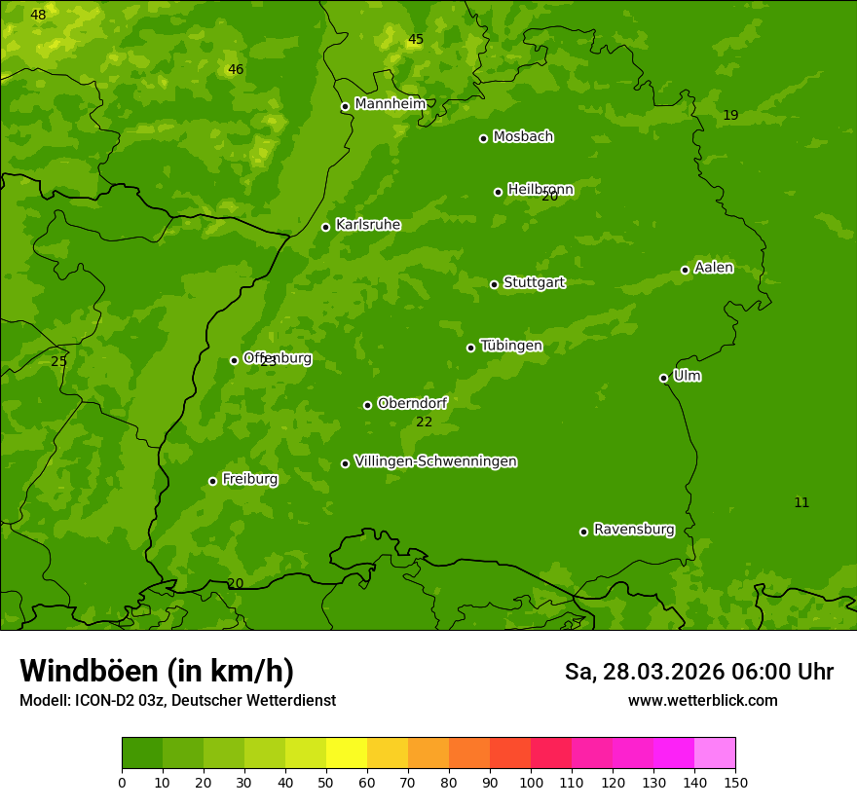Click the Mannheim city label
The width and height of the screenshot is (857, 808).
click(390, 104)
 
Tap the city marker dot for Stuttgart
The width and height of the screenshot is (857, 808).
click(494, 284)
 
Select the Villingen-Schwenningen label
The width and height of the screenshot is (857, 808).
click(435, 461)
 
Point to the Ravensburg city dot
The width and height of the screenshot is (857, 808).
click(583, 532)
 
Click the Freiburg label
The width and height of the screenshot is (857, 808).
click(249, 479)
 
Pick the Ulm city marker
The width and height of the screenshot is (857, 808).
click(663, 378)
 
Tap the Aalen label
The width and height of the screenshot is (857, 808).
click(714, 268)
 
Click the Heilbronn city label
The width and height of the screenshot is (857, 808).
click(540, 190)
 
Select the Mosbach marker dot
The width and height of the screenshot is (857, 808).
click(483, 138)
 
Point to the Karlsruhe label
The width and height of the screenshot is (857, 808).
click(367, 225)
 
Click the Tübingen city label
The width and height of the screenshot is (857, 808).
click(511, 346)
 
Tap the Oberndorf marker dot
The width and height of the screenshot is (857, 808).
click(367, 405)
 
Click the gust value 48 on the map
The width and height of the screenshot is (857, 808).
click(38, 15)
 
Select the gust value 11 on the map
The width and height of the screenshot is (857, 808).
click(801, 502)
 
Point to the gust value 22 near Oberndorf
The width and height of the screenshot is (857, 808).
click(424, 422)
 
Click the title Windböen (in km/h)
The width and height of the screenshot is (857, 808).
click(157, 671)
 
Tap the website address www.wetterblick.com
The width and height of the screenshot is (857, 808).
click(702, 700)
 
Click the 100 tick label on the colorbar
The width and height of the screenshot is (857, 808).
click(531, 782)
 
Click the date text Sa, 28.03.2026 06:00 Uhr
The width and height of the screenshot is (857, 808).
click(698, 672)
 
